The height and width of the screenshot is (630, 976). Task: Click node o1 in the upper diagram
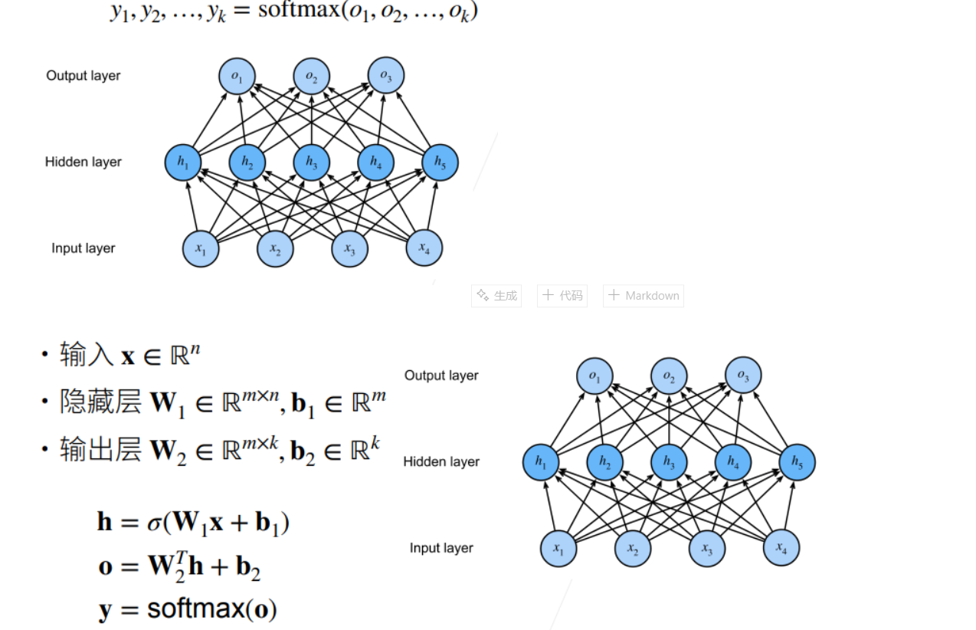[x=237, y=76]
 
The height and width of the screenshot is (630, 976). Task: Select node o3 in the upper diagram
[x=386, y=75]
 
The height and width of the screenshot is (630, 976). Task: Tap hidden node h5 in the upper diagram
[x=441, y=162]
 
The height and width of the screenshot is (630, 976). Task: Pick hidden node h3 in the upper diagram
[x=312, y=162]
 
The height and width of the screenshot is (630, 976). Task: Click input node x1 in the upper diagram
[x=201, y=248]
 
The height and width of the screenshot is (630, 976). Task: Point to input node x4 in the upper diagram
[x=424, y=248]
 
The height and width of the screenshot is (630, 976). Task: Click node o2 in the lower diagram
[x=669, y=376]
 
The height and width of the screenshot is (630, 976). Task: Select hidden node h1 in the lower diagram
[x=541, y=462]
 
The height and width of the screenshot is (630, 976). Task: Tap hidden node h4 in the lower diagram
[x=733, y=462]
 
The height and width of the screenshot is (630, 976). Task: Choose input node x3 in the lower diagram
[x=706, y=549]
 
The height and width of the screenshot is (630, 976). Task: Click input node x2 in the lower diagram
[x=633, y=549]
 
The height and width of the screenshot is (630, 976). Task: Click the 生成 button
[x=496, y=296]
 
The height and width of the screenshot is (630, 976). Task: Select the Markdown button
[x=644, y=296]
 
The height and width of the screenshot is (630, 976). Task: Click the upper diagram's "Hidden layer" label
[x=84, y=162]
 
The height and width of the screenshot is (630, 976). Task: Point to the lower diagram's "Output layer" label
[x=441, y=376]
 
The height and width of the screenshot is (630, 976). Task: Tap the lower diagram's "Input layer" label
[x=441, y=548]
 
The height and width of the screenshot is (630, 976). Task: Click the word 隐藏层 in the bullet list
[x=100, y=402]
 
